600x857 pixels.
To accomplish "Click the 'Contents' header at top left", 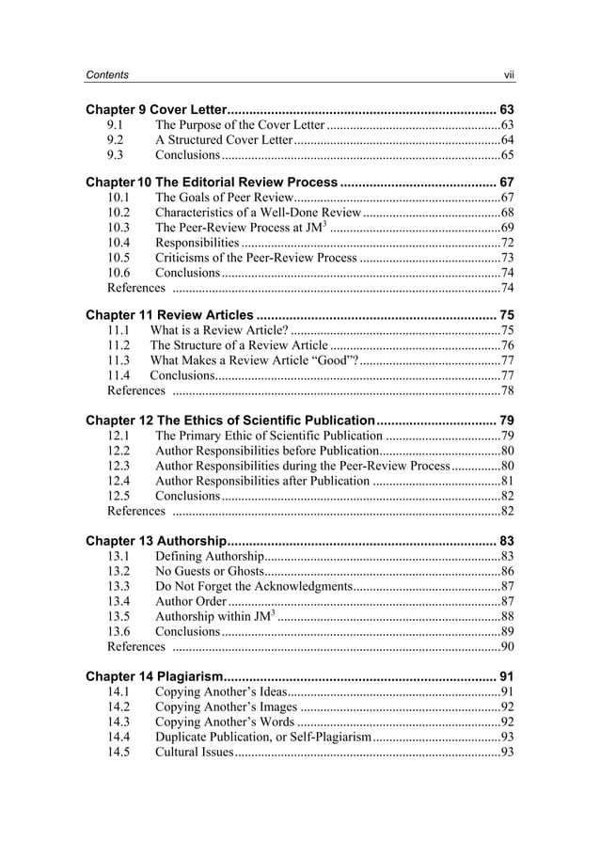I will pos(106,74).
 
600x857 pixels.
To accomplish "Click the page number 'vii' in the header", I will pos(508,74).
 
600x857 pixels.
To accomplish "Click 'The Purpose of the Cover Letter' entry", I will pos(240,125).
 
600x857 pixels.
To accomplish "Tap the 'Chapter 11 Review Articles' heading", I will pos(169,315).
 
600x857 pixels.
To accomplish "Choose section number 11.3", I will pos(118,360).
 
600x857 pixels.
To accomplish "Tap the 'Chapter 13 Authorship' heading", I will pos(155,541).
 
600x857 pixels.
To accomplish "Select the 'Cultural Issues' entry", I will pos(193,752).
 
